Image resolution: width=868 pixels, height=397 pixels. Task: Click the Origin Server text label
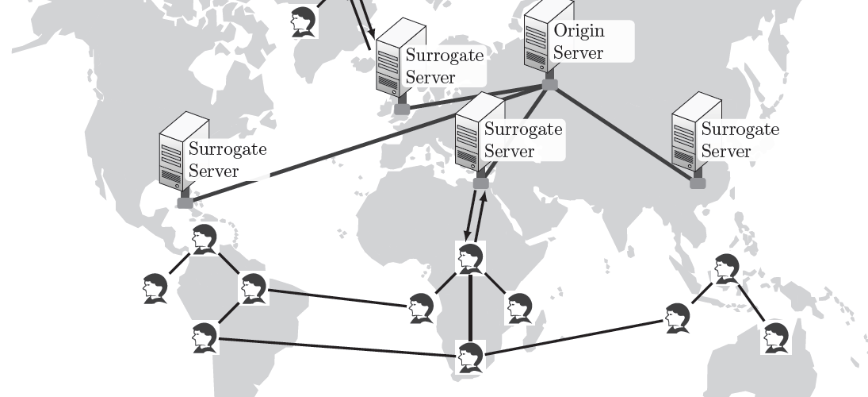tap(579, 42)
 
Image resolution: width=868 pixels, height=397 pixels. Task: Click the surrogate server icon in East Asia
tap(696, 135)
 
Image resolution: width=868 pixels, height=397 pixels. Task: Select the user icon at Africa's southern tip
tap(470, 357)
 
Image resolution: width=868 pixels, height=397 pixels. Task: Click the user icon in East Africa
tap(519, 308)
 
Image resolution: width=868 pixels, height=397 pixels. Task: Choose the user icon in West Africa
tap(421, 308)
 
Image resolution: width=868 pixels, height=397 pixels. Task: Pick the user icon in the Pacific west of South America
tap(155, 287)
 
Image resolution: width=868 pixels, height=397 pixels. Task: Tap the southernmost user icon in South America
tap(205, 337)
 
